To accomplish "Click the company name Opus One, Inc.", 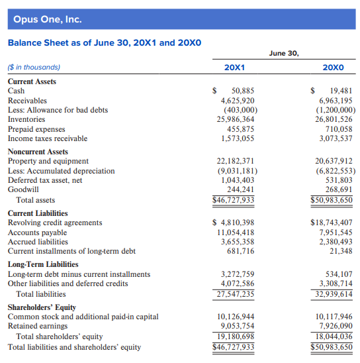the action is (x=48, y=19).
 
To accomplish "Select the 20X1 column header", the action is (x=234, y=68).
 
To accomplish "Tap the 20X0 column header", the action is (x=333, y=68).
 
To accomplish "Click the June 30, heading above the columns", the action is (x=284, y=54).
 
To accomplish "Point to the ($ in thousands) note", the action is (x=34, y=67).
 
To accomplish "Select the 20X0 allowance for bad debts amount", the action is (x=336, y=110).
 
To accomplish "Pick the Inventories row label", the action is (x=26, y=119).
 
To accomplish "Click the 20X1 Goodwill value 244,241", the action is (x=240, y=189).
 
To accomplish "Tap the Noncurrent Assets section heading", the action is (x=38, y=152).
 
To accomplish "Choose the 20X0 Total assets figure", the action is (x=332, y=200).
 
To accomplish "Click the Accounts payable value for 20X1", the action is (x=236, y=233).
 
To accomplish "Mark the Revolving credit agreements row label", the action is (x=55, y=223).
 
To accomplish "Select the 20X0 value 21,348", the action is (x=341, y=251).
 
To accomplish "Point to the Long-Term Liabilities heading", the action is (x=43, y=264).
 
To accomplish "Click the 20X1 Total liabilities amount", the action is (x=236, y=294).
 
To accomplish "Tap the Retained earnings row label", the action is (x=38, y=326).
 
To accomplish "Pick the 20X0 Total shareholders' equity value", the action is (x=334, y=337).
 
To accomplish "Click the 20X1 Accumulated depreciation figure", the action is (x=238, y=171).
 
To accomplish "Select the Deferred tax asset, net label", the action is (x=45, y=180).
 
